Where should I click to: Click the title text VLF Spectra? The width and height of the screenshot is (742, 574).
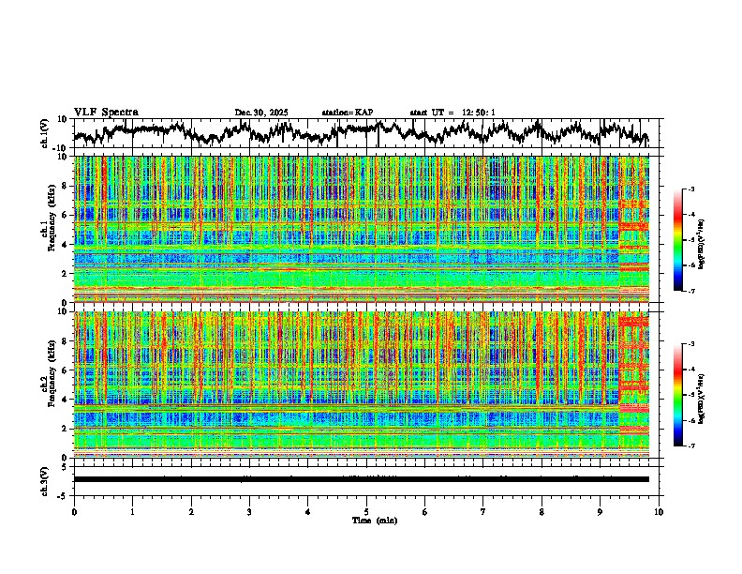coord(106,113)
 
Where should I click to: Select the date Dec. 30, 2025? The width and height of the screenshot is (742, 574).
coord(261,113)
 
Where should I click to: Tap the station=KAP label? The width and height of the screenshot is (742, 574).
coord(348,113)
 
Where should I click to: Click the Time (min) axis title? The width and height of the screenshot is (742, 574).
coord(366,520)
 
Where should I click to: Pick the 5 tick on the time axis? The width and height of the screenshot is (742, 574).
coord(366,512)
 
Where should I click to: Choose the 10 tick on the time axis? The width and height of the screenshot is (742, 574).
coord(659,512)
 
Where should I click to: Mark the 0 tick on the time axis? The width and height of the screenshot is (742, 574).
coord(74,512)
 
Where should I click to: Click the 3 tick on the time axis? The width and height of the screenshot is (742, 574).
coord(249,512)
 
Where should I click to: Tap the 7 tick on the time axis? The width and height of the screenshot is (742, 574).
coord(483,512)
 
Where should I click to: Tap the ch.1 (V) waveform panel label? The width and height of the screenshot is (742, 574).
coord(44,134)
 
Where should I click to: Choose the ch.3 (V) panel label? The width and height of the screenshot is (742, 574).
coord(44,479)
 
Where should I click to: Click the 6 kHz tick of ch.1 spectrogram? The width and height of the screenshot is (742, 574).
coord(64,215)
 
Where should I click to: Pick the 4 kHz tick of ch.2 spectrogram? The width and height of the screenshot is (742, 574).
coord(64,399)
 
